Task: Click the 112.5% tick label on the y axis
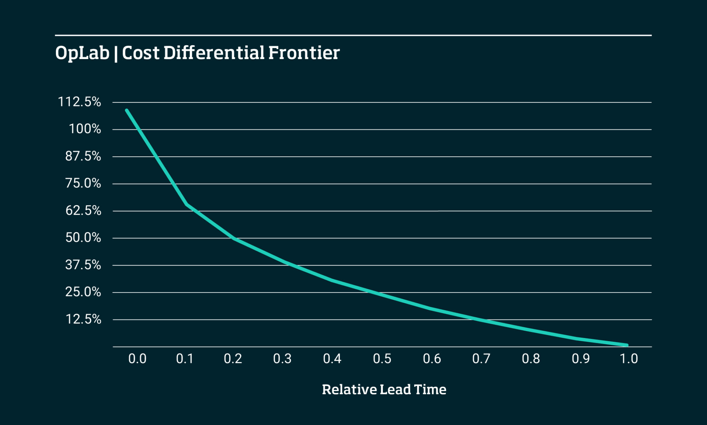(79, 102)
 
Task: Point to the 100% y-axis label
(85, 129)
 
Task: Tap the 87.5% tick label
(83, 156)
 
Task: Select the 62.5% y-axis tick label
(83, 210)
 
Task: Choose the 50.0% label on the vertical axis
(83, 238)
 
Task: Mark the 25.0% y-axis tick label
(83, 292)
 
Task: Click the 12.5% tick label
(83, 319)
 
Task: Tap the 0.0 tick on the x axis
(137, 359)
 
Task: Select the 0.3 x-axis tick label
(282, 359)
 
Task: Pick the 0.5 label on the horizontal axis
(382, 359)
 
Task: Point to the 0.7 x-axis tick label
(481, 359)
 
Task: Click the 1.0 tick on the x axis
(629, 359)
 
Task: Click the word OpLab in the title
(82, 54)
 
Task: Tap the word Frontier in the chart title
(304, 53)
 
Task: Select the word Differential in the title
(213, 53)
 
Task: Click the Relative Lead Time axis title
(384, 389)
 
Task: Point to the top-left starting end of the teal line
(127, 110)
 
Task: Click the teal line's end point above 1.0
(627, 345)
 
